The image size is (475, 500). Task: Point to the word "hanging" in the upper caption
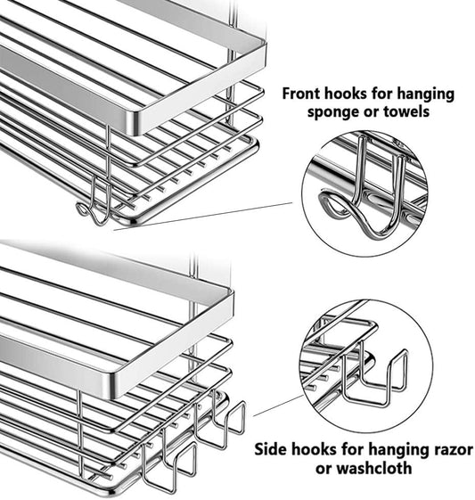(x=425, y=94)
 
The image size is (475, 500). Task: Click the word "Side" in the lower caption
(x=270, y=449)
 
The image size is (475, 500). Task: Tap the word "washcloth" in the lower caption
(x=374, y=468)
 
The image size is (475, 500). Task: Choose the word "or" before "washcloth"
(x=323, y=470)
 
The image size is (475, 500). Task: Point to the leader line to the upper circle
(x=203, y=216)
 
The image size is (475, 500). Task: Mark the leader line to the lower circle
(x=278, y=406)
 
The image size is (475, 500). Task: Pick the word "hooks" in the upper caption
(x=345, y=94)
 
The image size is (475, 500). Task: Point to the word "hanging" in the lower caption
(x=397, y=450)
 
